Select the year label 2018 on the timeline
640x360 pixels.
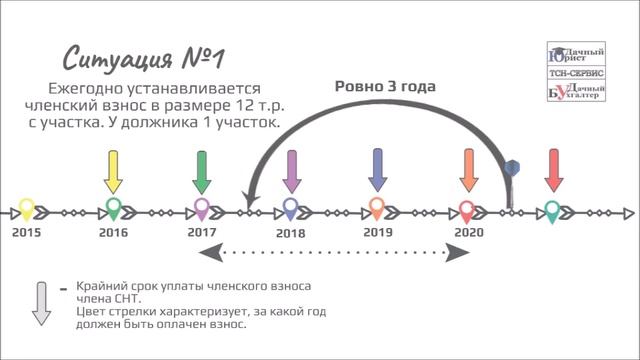pyautogui.click(x=290, y=232)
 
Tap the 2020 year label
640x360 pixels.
pyautogui.click(x=468, y=232)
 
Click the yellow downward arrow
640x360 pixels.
pyautogui.click(x=113, y=171)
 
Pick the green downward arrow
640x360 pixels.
pyautogui.click(x=201, y=171)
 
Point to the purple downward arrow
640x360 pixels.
pyautogui.click(x=291, y=171)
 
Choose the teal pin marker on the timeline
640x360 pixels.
pyautogui.click(x=552, y=211)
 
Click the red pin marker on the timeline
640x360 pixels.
pyautogui.click(x=467, y=211)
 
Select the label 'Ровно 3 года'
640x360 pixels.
pyautogui.click(x=385, y=86)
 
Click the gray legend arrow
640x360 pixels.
pyautogui.click(x=41, y=302)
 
